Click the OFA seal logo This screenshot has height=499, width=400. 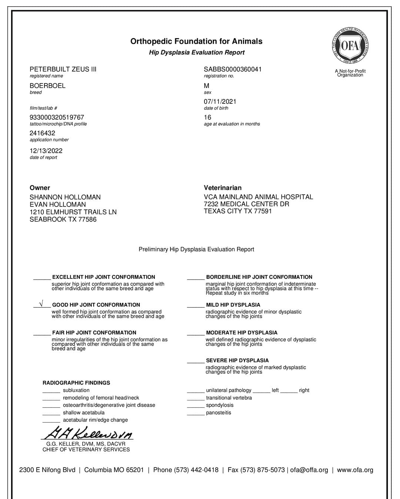coord(350,46)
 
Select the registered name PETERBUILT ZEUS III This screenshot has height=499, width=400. coord(63,69)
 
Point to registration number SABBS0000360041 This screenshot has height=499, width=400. coord(233,69)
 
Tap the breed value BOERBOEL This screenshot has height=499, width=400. coord(47,86)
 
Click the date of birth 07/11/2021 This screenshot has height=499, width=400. coord(220,102)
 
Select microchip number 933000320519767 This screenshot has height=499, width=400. coord(57,118)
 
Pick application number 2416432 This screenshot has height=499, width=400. coord(42,133)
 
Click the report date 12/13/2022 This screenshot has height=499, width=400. coord(46,151)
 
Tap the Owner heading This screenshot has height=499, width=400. coord(40,188)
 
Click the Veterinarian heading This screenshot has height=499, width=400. coord(222,188)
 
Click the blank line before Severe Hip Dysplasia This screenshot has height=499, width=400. coord(196,361)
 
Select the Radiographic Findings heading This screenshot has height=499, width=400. coord(76,383)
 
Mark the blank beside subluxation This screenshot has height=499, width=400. coord(51,391)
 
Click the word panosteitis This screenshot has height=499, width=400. coord(219,413)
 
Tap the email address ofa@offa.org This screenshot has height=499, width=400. coord(309,470)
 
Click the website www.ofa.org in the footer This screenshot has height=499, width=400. coord(355,470)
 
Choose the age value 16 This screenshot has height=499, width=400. coord(207,118)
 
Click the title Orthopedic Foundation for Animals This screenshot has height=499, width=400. coord(196,42)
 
